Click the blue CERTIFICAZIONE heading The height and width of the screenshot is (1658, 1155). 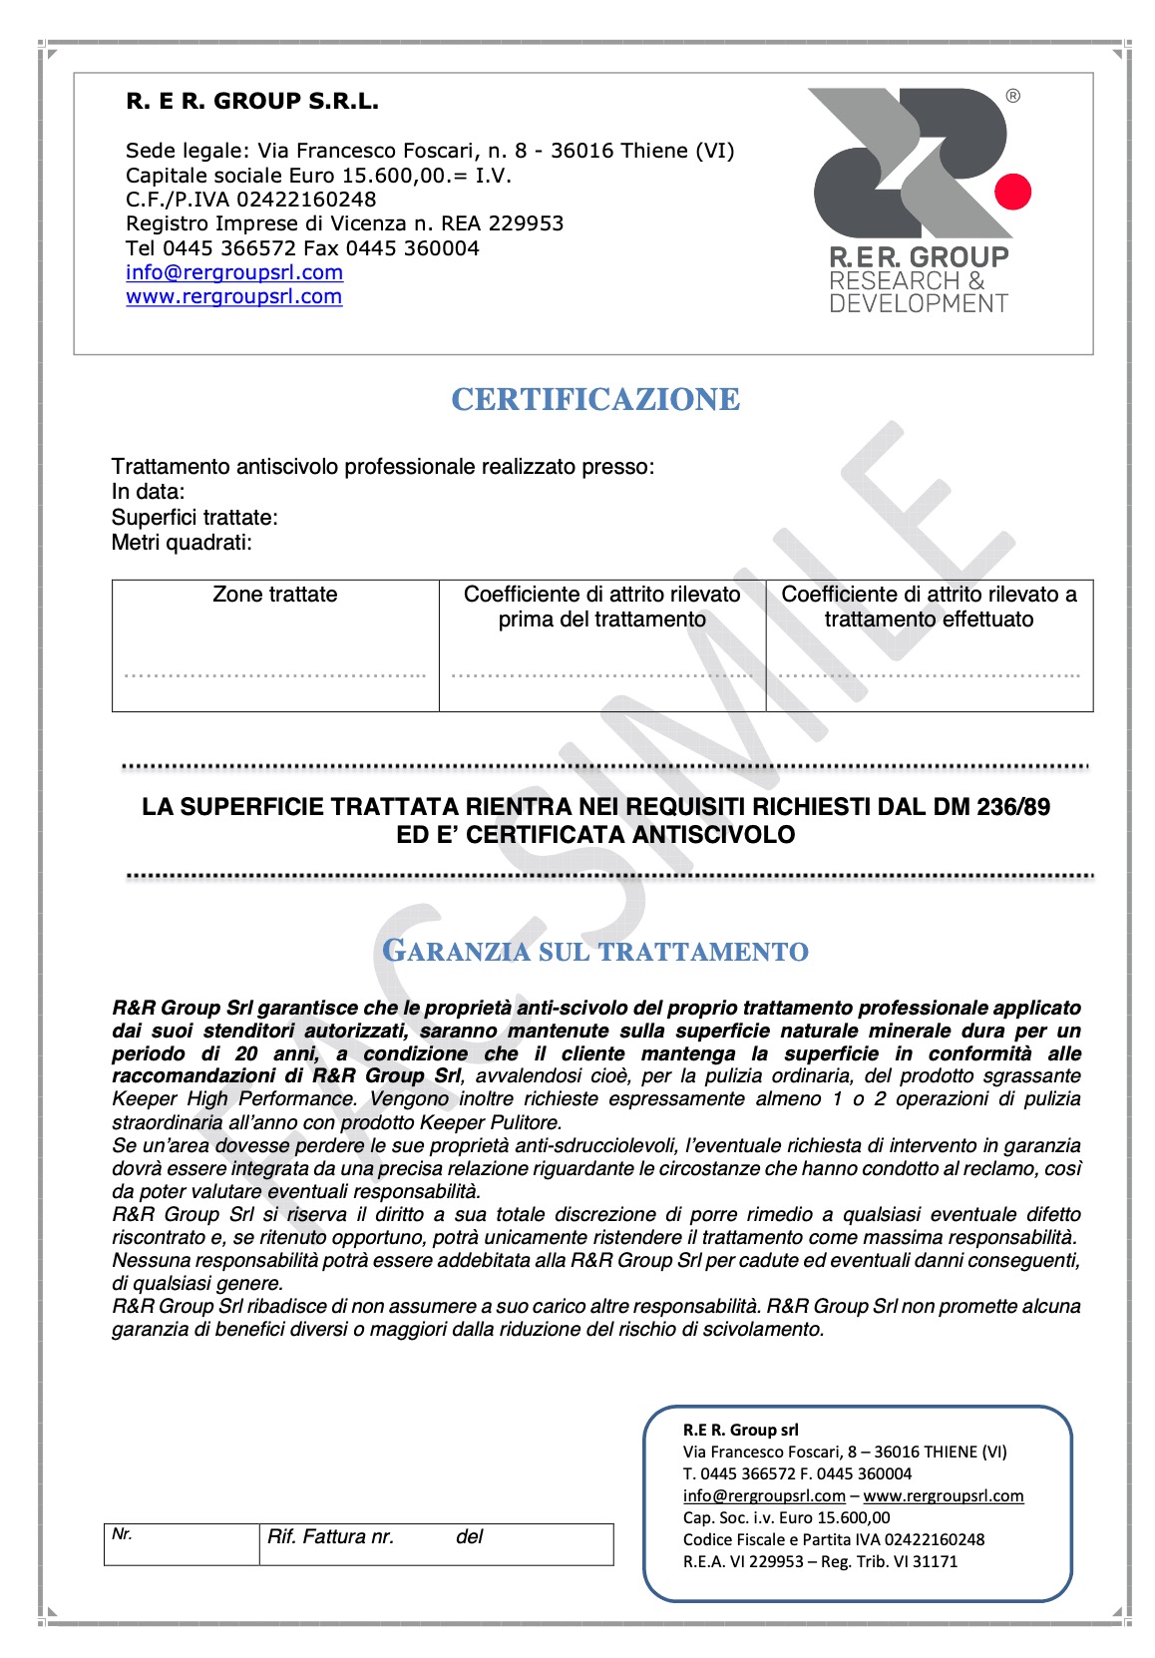coord(595,399)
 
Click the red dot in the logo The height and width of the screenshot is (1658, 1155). coord(1013,191)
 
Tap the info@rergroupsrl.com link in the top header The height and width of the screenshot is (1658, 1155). coord(234,272)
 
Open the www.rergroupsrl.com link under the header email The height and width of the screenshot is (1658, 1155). coord(234,296)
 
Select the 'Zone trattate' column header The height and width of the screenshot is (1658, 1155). coord(275,595)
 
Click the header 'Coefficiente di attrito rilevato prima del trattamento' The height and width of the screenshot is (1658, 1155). coord(602,607)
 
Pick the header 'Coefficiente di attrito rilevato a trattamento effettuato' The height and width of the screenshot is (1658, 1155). coord(929,607)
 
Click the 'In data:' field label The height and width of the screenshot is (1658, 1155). coord(149,492)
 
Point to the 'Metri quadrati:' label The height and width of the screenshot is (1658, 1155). coord(183,543)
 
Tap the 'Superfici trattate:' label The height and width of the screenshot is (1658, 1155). coord(194,518)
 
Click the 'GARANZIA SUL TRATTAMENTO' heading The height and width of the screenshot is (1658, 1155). coord(595,951)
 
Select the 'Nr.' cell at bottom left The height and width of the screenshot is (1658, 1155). coord(123,1534)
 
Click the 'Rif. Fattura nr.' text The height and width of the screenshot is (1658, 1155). coord(331,1537)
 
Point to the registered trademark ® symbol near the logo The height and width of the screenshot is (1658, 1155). coord(1013,97)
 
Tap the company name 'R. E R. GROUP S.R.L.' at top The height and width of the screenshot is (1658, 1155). coord(252,101)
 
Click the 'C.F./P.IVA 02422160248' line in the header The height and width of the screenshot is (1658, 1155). coord(251,200)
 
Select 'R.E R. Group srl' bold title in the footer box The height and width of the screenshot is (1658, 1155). coord(741,1430)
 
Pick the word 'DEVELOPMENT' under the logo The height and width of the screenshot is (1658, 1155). coord(919,303)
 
